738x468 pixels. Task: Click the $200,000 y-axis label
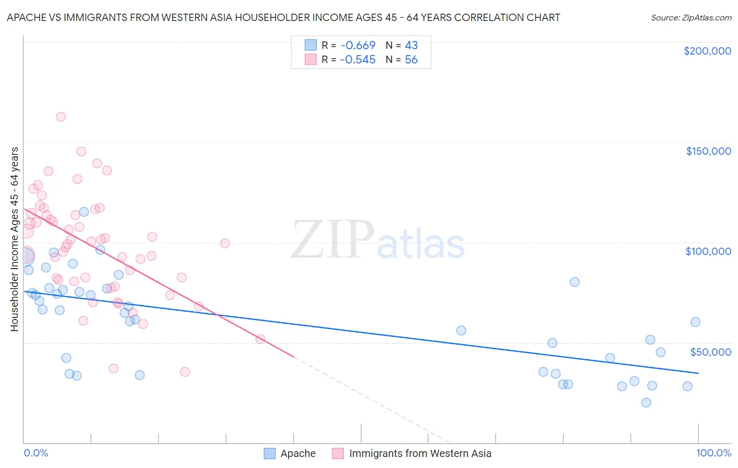707,51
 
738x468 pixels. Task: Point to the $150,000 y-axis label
708,151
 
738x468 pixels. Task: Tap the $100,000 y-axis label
708,251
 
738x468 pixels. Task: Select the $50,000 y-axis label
710,352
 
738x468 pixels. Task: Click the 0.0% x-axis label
36,453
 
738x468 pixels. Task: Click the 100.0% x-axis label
713,453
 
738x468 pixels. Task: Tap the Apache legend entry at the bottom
298,453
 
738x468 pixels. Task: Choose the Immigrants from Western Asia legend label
420,453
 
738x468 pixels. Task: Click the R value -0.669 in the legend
357,45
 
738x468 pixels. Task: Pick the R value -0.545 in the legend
357,60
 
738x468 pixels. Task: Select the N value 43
411,45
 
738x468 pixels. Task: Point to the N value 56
411,60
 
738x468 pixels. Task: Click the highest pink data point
61,117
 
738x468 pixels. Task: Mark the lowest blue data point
646,402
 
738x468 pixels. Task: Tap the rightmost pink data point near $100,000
225,243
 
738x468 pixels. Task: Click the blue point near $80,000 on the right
575,282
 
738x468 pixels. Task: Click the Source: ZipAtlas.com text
691,17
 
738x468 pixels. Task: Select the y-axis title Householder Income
14,239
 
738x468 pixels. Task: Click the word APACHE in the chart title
26,17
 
